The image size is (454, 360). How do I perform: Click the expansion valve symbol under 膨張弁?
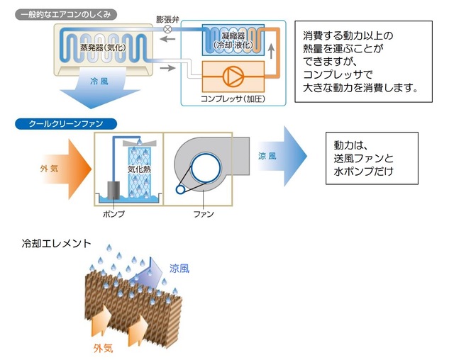point(168,30)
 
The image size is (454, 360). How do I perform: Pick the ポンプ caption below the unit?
point(112,213)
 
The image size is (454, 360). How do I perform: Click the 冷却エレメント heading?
point(55,243)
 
